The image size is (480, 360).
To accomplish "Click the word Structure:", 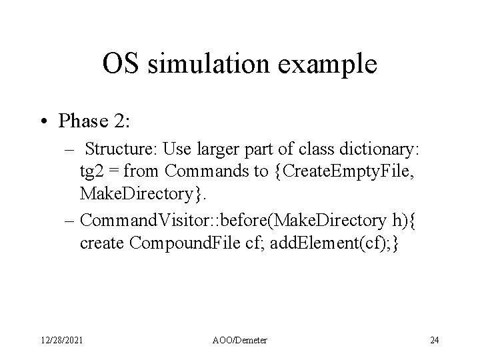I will (x=119, y=151).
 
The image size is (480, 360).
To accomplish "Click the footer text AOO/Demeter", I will (x=239, y=341).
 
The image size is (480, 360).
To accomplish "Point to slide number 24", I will (x=435, y=341).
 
